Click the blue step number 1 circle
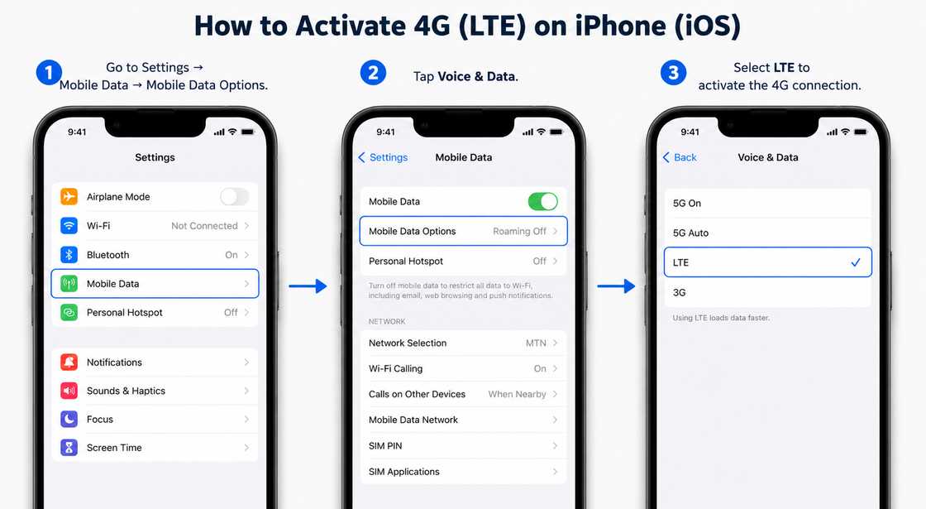tap(49, 73)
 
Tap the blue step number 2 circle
tap(373, 73)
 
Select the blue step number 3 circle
tap(673, 73)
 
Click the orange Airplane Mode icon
tap(69, 196)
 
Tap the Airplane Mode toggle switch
tap(235, 196)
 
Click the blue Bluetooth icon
tap(69, 254)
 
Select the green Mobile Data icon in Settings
tap(69, 283)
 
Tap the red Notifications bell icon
tap(69, 362)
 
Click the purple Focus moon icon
tap(69, 419)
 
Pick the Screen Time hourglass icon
tap(69, 448)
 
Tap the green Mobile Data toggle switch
tap(542, 202)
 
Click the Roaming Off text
tap(520, 231)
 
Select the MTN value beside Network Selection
tap(537, 343)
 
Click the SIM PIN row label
tap(385, 446)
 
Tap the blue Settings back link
tap(383, 157)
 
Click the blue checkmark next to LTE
tap(856, 262)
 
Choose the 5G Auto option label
tap(690, 233)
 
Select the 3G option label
tap(679, 293)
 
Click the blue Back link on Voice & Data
tap(680, 157)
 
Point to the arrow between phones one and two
tap(308, 286)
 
